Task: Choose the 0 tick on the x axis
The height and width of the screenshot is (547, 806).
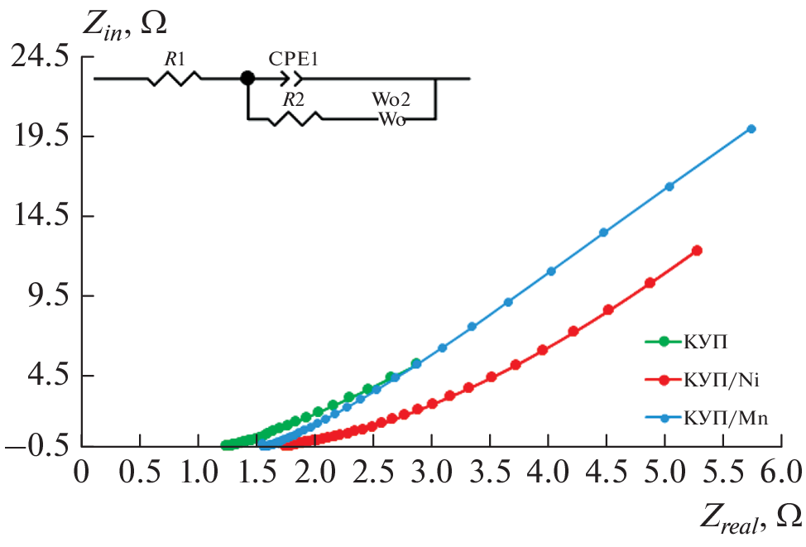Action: pyautogui.click(x=81, y=473)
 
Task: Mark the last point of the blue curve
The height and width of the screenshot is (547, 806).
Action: pyautogui.click(x=751, y=128)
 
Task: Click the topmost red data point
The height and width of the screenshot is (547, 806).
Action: pyautogui.click(x=697, y=250)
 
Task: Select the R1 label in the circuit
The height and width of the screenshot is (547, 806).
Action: pyautogui.click(x=174, y=59)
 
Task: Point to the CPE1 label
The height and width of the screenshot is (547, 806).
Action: pyautogui.click(x=293, y=59)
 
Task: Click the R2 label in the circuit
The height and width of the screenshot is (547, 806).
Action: pyautogui.click(x=291, y=99)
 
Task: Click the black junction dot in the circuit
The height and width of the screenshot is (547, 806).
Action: pyautogui.click(x=247, y=79)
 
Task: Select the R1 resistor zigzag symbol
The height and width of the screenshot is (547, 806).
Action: pyautogui.click(x=174, y=79)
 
